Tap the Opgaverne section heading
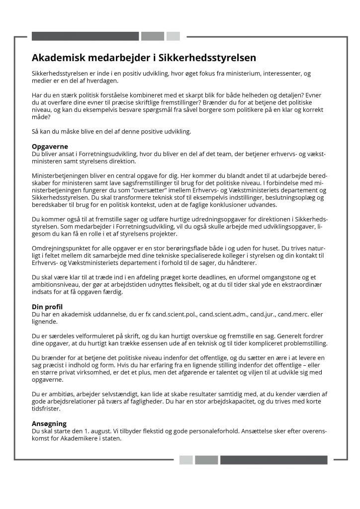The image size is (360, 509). click(x=50, y=147)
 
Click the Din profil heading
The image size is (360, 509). click(x=47, y=307)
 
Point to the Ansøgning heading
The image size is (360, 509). click(x=49, y=424)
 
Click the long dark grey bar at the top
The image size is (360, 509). click(x=85, y=36)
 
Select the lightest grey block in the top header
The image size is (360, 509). click(x=173, y=36)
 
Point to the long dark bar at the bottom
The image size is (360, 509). click(x=273, y=460)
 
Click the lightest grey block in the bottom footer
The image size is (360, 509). click(x=186, y=460)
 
